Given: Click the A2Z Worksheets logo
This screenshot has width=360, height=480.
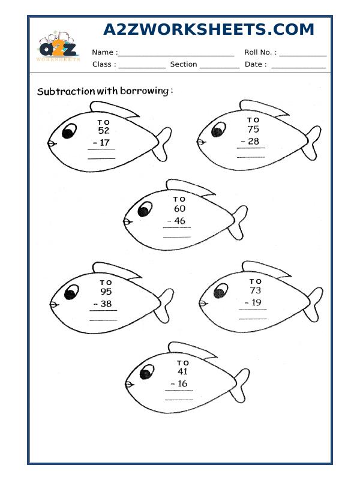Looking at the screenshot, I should (58, 47).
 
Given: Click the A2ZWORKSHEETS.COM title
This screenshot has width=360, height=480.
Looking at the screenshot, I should (208, 30).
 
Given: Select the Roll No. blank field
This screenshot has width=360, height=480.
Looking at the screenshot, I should (302, 53).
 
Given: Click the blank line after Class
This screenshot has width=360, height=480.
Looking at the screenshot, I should (142, 65).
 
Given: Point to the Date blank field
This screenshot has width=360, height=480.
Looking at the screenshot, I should (298, 65).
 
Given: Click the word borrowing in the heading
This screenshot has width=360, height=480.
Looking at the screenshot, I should (146, 91).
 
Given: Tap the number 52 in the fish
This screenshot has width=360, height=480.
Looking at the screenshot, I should (104, 130).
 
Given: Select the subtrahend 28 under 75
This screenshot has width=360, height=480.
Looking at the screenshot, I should (253, 142).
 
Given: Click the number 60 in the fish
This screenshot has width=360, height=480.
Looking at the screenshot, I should (179, 209).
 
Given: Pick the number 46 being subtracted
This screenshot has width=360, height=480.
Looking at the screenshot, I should (180, 221).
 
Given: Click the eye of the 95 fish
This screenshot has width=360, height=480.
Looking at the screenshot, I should (71, 292).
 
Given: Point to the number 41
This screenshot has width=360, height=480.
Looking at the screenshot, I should (182, 372).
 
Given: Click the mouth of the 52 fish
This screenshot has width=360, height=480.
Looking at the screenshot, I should (51, 143).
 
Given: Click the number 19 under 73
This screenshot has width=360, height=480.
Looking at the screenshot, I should (255, 303).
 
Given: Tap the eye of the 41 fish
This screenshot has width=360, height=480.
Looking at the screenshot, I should (145, 374).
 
